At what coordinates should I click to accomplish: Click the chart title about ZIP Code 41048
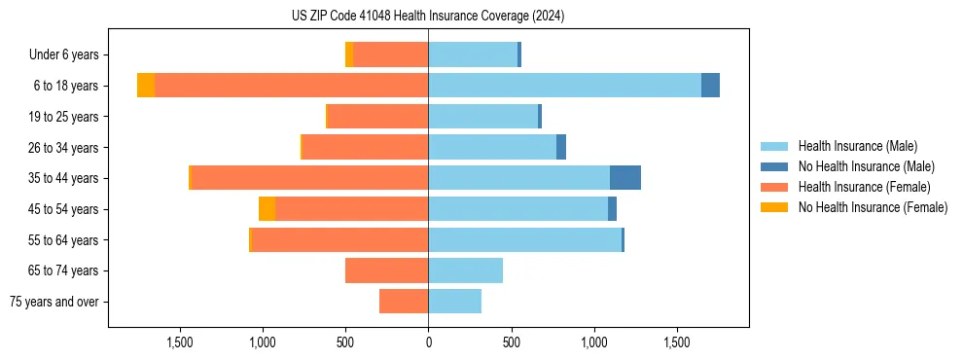click(x=428, y=17)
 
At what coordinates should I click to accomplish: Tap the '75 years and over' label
click(x=54, y=302)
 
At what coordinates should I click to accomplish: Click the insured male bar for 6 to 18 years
click(x=564, y=86)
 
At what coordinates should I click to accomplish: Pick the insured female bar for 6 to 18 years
click(x=291, y=86)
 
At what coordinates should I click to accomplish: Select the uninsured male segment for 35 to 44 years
click(x=625, y=178)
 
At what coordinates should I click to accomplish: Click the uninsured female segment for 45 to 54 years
click(x=267, y=209)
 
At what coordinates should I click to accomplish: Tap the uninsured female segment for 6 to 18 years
click(x=146, y=86)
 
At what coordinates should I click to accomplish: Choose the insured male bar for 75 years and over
click(x=454, y=302)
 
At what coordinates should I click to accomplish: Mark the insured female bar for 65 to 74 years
click(x=386, y=270)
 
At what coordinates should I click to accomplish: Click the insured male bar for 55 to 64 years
click(x=524, y=239)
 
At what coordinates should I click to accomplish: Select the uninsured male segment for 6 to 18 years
click(x=710, y=86)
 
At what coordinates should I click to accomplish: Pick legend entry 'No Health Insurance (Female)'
click(x=873, y=207)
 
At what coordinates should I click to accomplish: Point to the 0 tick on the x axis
click(x=428, y=342)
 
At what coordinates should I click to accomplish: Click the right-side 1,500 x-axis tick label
click(x=677, y=342)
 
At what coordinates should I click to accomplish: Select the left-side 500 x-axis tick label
click(x=345, y=342)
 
